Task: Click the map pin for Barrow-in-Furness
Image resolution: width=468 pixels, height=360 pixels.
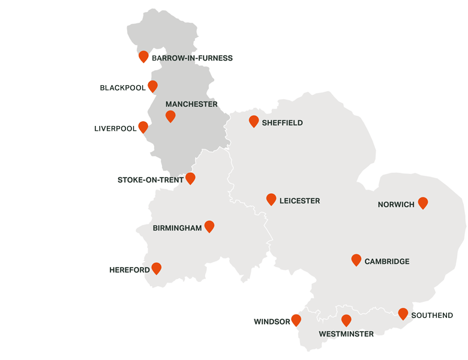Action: pos(143,56)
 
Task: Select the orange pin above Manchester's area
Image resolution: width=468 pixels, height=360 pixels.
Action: pos(170,116)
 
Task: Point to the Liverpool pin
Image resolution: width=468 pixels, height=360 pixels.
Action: pos(143,127)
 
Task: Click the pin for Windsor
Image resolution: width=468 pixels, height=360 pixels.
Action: pos(296,320)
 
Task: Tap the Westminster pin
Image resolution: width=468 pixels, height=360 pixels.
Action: pos(346,320)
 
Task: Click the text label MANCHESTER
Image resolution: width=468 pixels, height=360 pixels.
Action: pos(191,104)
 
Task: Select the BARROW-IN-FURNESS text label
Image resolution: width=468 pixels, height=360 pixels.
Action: pos(192,58)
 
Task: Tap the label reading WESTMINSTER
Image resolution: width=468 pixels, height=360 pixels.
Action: pos(346,334)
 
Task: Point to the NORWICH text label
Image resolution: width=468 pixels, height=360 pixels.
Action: pos(396,205)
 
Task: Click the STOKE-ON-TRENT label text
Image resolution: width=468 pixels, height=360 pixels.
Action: pos(151,180)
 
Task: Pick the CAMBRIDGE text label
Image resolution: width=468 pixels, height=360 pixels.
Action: pos(387,262)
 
